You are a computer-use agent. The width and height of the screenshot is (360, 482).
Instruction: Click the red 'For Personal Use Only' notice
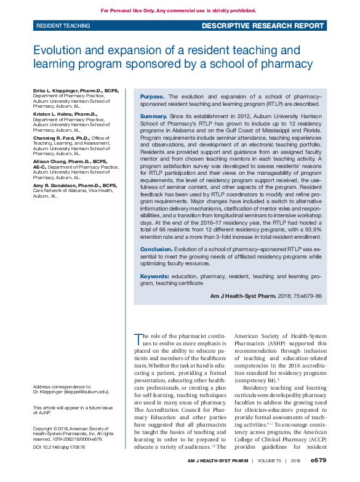[x=178, y=10]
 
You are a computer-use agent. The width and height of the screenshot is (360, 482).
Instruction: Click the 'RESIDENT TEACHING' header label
[x=63, y=26]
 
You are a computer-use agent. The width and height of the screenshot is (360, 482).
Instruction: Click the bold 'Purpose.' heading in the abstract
[x=152, y=97]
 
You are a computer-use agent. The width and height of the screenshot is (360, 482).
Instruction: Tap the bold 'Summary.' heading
[x=153, y=116]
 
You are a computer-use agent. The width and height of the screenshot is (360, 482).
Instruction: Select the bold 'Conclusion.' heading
[x=156, y=249]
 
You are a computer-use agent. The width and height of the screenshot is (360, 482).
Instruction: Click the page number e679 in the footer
[x=318, y=476]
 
